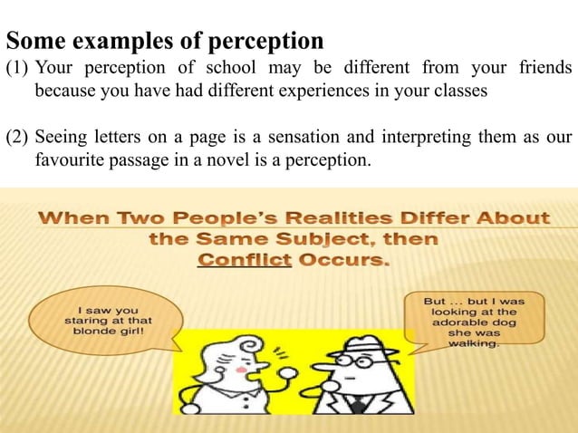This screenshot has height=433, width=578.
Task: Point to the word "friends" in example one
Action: [541, 69]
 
